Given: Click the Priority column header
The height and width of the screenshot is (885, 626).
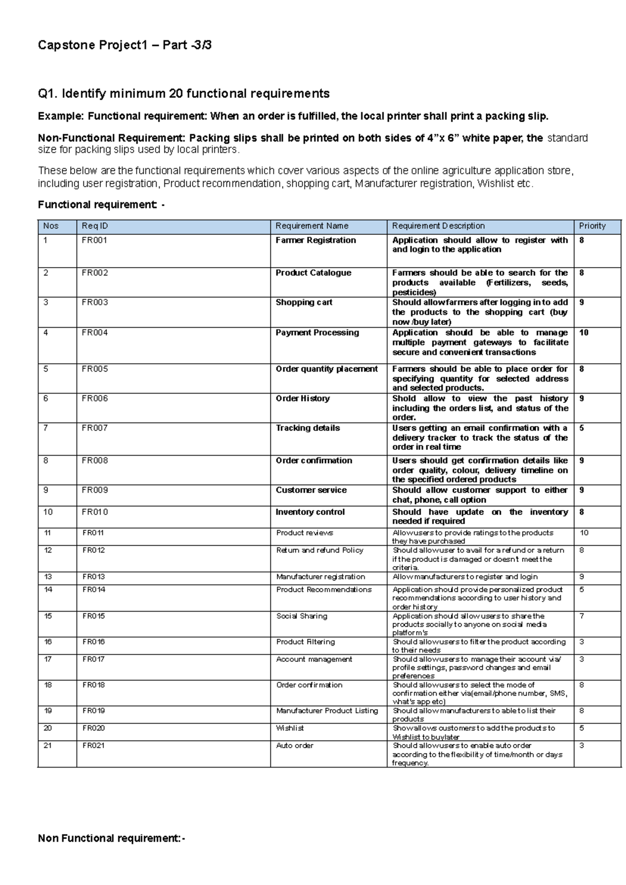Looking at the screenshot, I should [x=592, y=226].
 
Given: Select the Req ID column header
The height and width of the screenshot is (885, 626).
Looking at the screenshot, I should [x=95, y=226].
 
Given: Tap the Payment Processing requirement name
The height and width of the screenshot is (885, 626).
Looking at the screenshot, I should [x=317, y=333].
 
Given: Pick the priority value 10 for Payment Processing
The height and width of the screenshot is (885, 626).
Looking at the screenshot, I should [x=584, y=333].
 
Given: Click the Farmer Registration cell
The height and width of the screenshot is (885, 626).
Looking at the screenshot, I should [x=316, y=240].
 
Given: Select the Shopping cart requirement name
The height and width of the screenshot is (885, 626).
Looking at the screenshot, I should [x=304, y=303].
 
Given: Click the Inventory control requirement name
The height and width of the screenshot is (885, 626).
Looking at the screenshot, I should [x=310, y=512].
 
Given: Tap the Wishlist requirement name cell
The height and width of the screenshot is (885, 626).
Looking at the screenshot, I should [x=290, y=728].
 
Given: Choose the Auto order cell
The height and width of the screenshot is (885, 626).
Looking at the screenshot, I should [x=295, y=746].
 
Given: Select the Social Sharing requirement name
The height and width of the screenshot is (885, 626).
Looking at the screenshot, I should [x=302, y=616].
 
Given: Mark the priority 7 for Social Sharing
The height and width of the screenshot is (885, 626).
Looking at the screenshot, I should [x=582, y=616].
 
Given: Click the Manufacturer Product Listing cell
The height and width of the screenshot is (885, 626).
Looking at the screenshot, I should [x=327, y=711].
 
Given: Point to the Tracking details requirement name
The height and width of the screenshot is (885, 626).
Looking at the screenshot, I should [x=308, y=428].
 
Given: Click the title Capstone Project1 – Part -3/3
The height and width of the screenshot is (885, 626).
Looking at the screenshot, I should [x=125, y=45].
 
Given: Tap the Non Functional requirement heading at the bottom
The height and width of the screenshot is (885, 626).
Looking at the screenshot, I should [x=111, y=839].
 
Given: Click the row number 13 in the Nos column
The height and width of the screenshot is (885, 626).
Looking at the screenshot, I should [x=48, y=577].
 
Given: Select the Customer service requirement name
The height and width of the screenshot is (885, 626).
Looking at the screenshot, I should [x=311, y=490].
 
